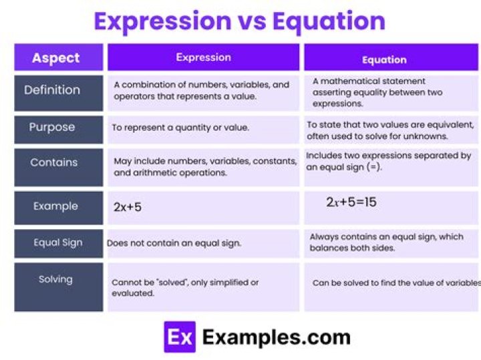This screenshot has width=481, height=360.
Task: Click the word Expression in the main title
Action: [x=162, y=21]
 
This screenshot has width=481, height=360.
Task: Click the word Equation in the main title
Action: [x=330, y=21]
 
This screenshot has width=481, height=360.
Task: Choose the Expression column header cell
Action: [x=202, y=57]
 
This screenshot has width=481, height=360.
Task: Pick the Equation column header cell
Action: [x=384, y=59]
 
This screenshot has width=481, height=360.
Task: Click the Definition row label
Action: [x=52, y=90]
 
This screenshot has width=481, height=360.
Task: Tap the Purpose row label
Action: [x=52, y=127]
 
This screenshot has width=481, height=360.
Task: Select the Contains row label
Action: [x=53, y=162]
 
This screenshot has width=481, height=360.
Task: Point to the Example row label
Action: [x=55, y=206]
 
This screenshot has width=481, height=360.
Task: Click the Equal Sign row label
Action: [x=58, y=243]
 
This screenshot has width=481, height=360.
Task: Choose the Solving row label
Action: [x=55, y=279]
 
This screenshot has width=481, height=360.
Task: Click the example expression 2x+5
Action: [x=128, y=207]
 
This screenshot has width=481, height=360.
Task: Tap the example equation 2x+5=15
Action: [x=351, y=202]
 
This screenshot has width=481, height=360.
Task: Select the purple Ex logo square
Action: [x=180, y=337]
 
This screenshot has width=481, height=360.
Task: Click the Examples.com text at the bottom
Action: [x=276, y=337]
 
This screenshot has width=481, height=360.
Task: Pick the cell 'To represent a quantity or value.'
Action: [x=180, y=127]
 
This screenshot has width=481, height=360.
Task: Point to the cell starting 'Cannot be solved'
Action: [x=185, y=288]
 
